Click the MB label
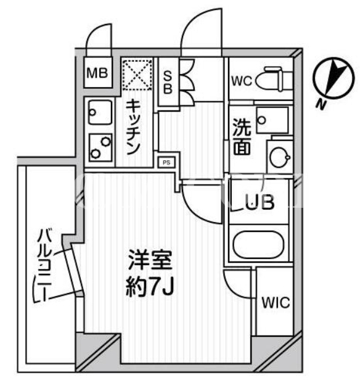coord(97,73)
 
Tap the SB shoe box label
coord(168,82)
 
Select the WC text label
coord(242,81)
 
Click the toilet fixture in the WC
coord(274,79)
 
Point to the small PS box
coord(166,162)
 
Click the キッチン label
coord(133,127)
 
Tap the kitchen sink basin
coord(100,112)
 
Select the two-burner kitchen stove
coord(100,147)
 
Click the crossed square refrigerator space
coord(137,74)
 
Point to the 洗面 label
coord(242,137)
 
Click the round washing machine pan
coord(280,156)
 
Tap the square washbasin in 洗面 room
coord(272,120)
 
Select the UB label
coord(260,202)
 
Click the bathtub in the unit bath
coord(259,244)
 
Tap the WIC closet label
coord(276,302)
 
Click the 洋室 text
coord(150,260)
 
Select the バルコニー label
coord(43,266)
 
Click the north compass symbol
coord(333,79)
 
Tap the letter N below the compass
coord(321,105)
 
